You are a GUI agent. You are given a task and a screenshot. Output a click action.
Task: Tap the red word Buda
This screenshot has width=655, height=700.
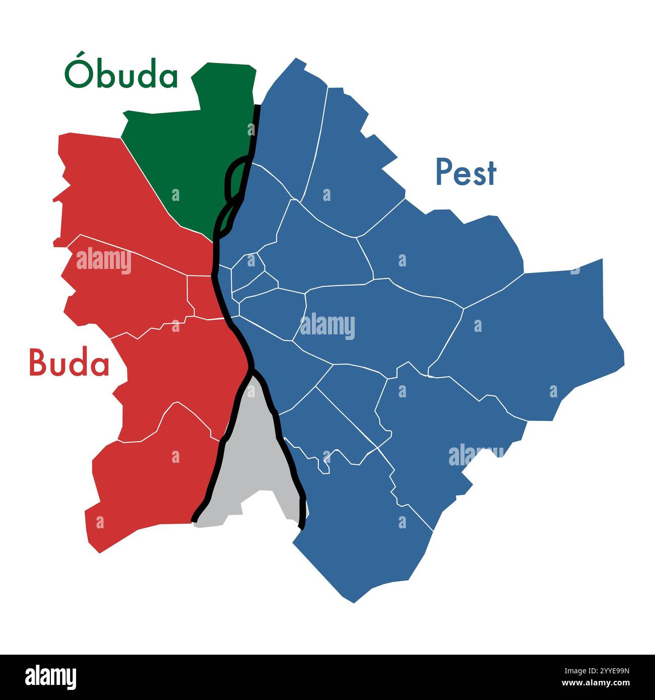click(x=69, y=363)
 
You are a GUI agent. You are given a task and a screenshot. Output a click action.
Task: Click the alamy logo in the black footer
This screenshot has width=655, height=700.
click(x=50, y=677)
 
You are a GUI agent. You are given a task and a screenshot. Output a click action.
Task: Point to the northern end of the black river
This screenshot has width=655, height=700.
click(x=258, y=107)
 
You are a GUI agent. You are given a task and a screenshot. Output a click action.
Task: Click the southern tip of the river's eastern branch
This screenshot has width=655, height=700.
click(x=302, y=526)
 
